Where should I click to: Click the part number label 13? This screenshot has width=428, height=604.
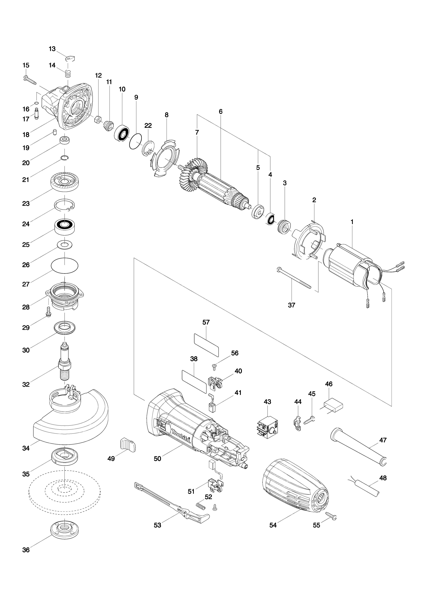(52, 49)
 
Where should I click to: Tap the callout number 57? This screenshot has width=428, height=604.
(206, 322)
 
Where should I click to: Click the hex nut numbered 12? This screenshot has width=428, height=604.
(97, 119)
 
